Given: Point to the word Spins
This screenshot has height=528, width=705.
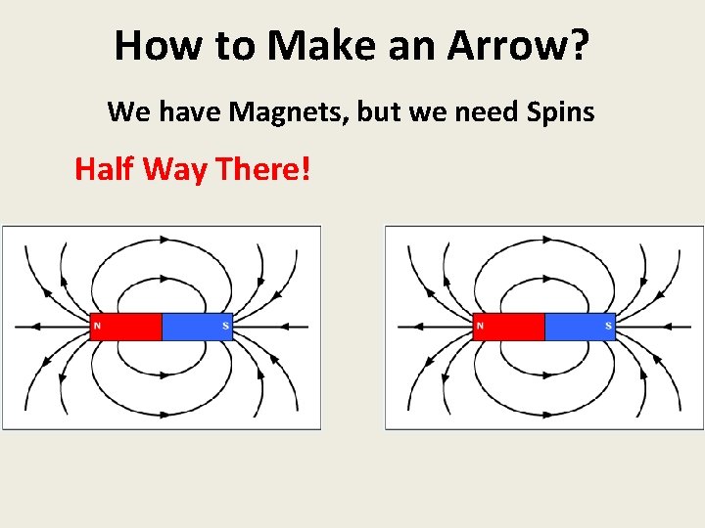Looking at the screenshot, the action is coord(560,112).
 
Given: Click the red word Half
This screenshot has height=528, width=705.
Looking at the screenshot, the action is coord(105,169).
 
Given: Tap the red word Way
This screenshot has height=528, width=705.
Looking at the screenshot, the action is coord(177,169).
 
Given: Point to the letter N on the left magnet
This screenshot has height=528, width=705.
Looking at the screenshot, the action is coord(96,326).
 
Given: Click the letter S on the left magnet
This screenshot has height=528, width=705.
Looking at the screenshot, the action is coord(225,326).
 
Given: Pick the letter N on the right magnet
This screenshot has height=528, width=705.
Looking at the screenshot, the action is coord(479,326).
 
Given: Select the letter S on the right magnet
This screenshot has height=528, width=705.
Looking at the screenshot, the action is coord(608,326).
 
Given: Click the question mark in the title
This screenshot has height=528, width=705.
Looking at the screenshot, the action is coord(579,45).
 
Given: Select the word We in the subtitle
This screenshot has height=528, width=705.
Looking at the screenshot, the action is coord(126,112).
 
